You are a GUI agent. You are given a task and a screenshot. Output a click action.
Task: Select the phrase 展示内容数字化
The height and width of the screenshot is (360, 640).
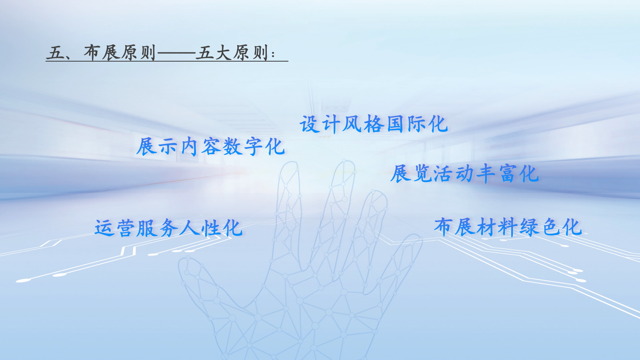point(210,147)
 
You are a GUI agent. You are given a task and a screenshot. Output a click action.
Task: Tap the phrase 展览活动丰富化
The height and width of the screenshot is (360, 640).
point(464,174)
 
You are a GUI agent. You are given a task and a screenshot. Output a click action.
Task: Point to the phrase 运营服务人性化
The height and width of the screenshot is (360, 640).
point(168,228)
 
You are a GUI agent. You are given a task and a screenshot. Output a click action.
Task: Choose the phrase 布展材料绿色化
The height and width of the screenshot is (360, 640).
point(508,227)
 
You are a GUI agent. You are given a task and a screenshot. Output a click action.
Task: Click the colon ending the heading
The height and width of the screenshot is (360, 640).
point(273,54)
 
